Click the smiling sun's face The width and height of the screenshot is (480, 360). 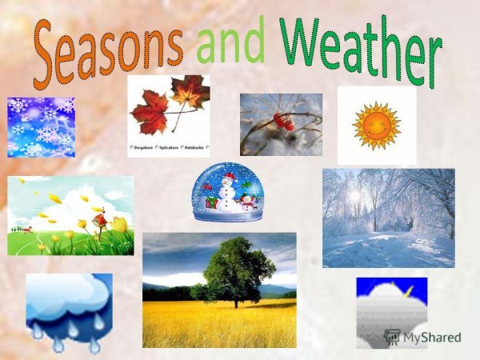click(376, 126)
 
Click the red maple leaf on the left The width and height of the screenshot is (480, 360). click(150, 112)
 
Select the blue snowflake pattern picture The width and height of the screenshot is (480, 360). click(41, 126)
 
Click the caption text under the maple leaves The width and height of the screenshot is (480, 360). click(168, 147)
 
